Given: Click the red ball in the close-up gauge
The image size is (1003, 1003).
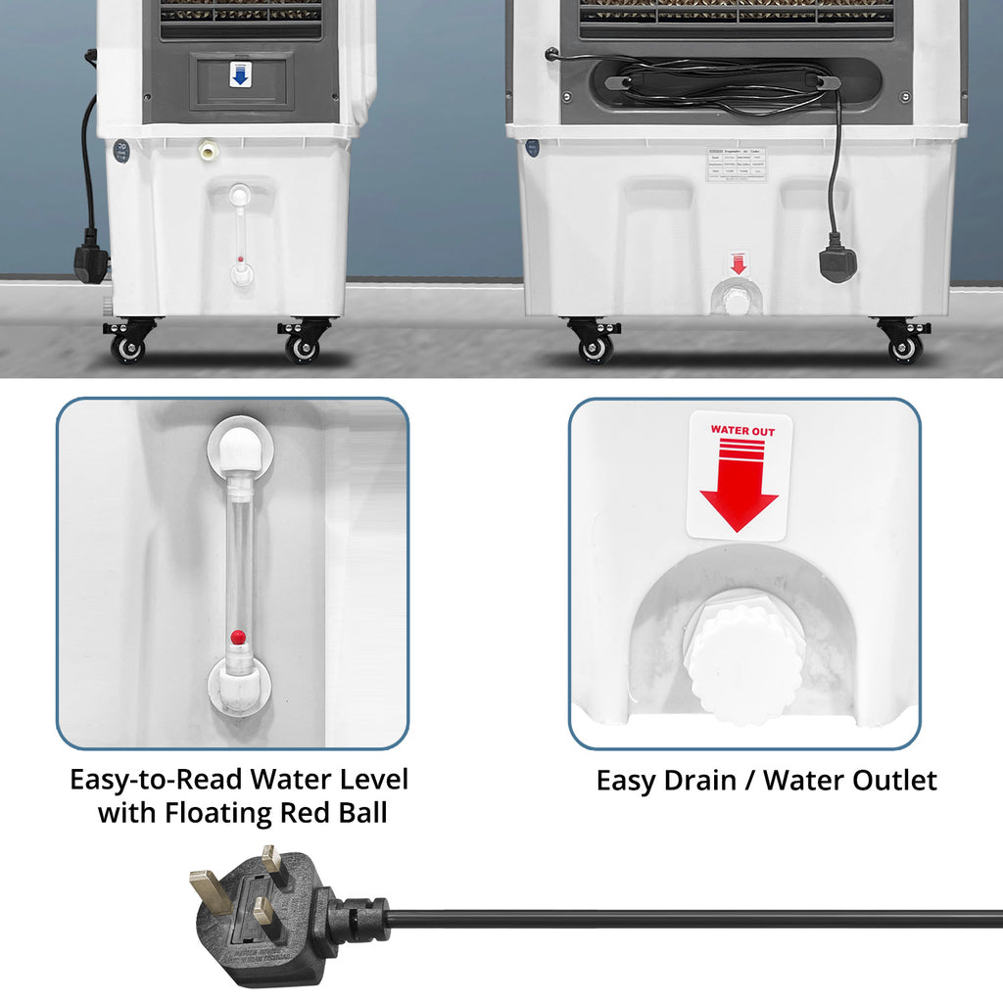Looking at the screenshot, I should pyautogui.click(x=236, y=638).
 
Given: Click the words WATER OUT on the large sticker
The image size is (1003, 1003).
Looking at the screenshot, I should pyautogui.click(x=741, y=430).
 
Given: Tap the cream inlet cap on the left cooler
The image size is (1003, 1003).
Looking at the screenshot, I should pyautogui.click(x=208, y=151).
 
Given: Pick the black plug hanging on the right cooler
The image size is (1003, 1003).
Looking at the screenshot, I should pyautogui.click(x=837, y=262).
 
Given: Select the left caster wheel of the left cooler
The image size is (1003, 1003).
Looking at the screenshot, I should pyautogui.click(x=127, y=347).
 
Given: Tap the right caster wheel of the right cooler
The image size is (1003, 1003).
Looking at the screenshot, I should pyautogui.click(x=904, y=347).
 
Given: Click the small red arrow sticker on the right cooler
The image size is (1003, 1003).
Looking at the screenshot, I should pyautogui.click(x=738, y=263).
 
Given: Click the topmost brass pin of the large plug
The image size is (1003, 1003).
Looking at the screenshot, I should pyautogui.click(x=271, y=862).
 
